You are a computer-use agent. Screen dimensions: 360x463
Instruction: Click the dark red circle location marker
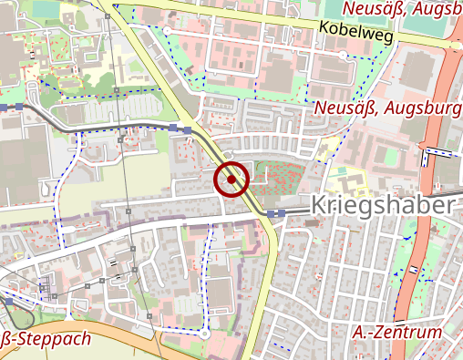[x=232, y=180]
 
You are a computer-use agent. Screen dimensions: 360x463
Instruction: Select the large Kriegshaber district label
[x=381, y=205]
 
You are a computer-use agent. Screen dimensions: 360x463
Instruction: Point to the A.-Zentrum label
[x=396, y=333]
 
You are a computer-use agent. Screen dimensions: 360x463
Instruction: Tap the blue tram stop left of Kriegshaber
[x=280, y=213]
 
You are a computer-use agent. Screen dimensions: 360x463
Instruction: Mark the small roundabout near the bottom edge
[x=205, y=334]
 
